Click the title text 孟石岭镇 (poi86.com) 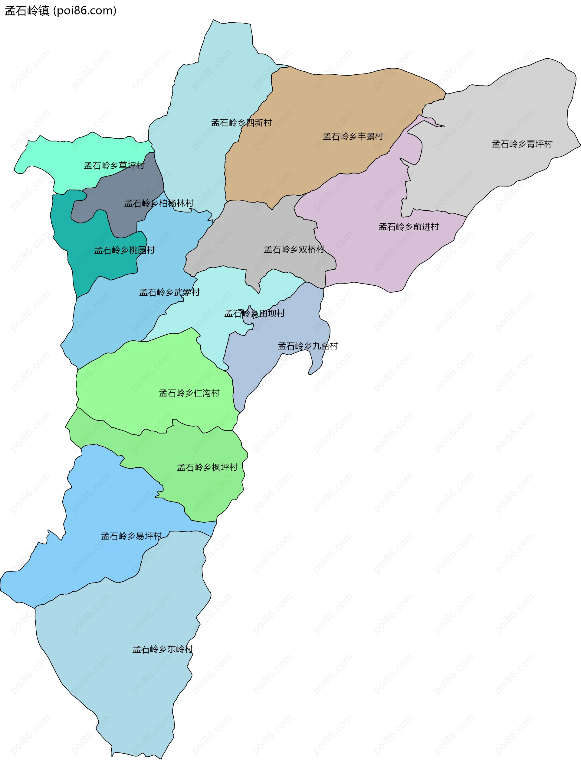click(x=60, y=11)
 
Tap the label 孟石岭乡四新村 click(x=241, y=123)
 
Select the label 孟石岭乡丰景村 click(x=353, y=136)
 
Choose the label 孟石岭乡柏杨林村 click(x=159, y=203)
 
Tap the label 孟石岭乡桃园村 click(x=124, y=250)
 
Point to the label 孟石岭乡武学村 click(x=169, y=292)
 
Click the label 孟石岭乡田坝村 click(x=254, y=313)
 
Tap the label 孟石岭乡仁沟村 click(x=189, y=393)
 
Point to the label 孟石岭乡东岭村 click(x=162, y=649)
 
